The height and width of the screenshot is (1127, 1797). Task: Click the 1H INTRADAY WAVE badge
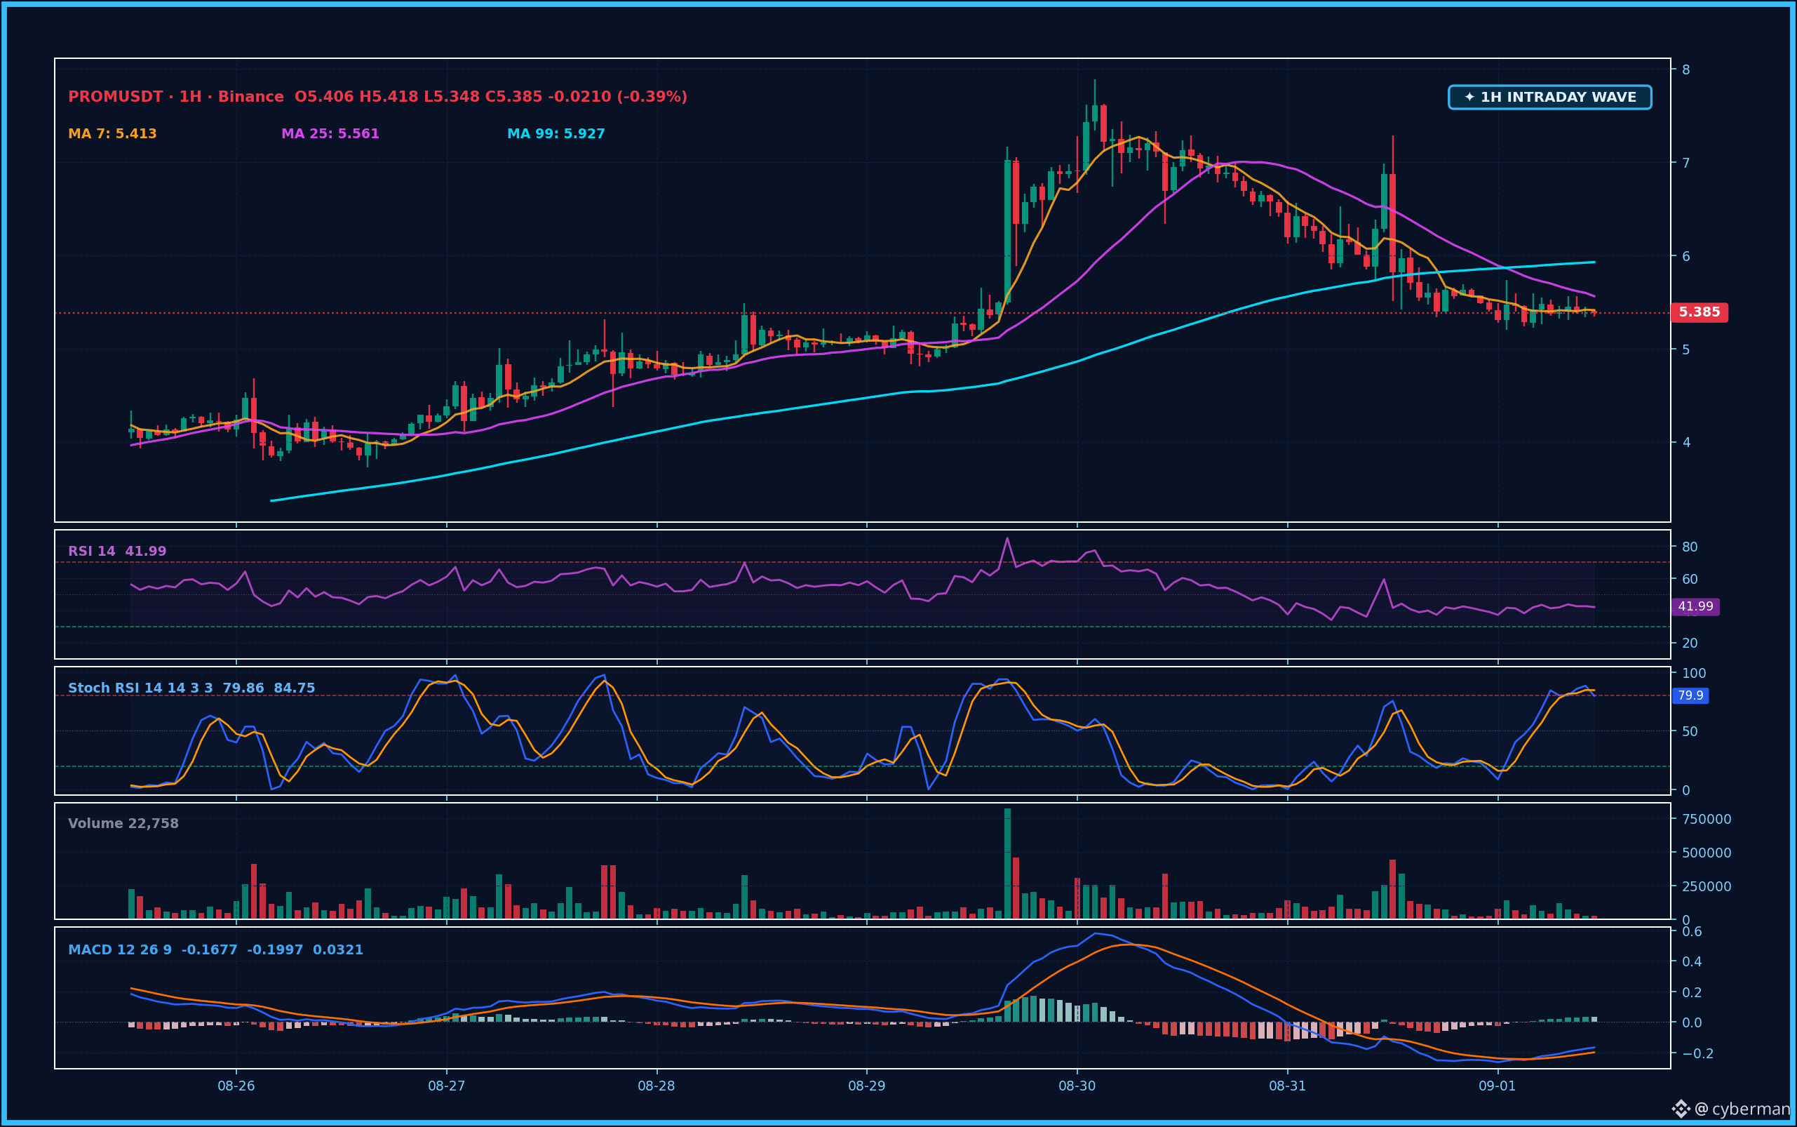pos(1549,97)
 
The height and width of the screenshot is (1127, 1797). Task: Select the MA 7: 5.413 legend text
pos(112,134)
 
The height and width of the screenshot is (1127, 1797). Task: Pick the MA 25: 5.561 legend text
pos(330,134)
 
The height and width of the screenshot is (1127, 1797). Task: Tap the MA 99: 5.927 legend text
pos(556,134)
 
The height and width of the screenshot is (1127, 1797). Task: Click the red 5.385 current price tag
pos(1700,312)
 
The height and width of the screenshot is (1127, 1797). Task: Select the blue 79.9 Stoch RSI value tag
pos(1690,695)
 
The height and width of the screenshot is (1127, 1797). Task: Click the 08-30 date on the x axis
pos(1077,1086)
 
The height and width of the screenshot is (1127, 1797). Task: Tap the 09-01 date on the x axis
pos(1497,1086)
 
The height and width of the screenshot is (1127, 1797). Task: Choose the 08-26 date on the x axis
pos(236,1086)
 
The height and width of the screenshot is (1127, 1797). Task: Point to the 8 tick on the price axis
pos(1686,69)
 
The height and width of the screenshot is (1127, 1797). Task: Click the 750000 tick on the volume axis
pos(1707,819)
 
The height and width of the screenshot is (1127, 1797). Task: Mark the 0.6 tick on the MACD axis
pos(1692,931)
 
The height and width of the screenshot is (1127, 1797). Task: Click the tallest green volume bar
pos(1007,863)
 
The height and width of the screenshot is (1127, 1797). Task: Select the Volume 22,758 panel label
pos(123,824)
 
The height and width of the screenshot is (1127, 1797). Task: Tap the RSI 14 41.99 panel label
pos(117,552)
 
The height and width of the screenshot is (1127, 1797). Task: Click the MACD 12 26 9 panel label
pos(120,950)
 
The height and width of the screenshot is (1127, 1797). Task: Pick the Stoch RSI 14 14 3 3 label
pos(141,688)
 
